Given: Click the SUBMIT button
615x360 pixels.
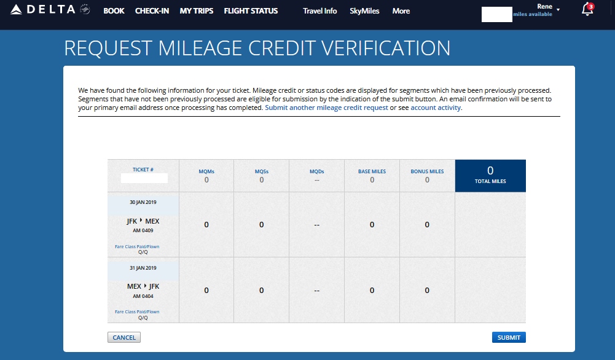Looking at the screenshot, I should (x=509, y=337).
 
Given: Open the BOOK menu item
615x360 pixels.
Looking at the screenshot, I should (x=114, y=11).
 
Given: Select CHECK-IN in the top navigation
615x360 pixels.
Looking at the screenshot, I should (x=152, y=11).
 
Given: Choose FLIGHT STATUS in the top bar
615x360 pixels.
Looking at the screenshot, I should (x=251, y=11).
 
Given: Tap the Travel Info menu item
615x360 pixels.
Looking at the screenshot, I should (x=319, y=11).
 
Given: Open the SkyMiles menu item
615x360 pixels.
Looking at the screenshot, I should (x=364, y=11).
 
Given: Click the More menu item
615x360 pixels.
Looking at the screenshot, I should (x=401, y=11).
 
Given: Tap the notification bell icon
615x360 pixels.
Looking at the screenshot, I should (x=587, y=10).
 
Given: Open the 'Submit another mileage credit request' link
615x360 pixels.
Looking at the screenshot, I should (x=326, y=108).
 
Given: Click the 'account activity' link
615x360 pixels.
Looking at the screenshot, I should (x=436, y=108).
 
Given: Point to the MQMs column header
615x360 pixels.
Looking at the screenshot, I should (x=206, y=171).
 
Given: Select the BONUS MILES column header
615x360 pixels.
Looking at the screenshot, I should (x=427, y=171).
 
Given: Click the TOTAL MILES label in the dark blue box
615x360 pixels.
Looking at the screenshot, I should (x=490, y=181).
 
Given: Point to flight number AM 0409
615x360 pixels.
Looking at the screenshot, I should (x=143, y=231).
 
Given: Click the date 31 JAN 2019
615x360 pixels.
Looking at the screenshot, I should (x=143, y=268).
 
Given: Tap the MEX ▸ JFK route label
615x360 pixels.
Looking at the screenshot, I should (x=143, y=286).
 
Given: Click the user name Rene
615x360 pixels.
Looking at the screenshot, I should (x=544, y=7).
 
